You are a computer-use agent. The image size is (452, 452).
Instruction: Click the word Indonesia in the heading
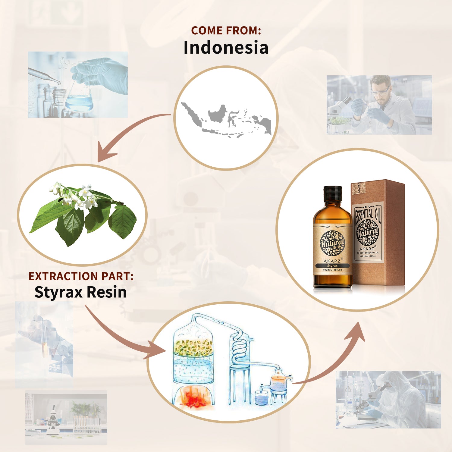[x=226, y=48]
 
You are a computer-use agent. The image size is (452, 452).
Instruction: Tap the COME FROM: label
[x=226, y=30]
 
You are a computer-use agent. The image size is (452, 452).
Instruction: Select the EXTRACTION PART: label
[x=81, y=276]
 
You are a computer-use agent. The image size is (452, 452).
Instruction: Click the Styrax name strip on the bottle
[x=332, y=266]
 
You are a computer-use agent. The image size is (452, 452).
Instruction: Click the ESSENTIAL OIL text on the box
[x=368, y=214]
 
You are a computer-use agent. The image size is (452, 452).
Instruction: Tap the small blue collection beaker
[x=261, y=398]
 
